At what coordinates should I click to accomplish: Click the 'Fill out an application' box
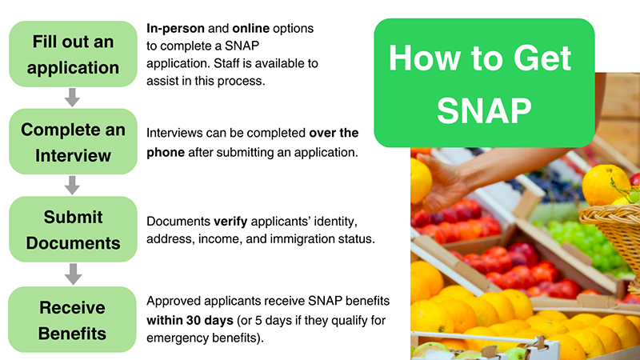[x=73, y=54]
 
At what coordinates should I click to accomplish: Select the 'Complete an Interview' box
[x=73, y=142]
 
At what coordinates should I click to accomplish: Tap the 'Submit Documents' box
[x=73, y=230]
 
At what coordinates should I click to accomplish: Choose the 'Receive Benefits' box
[x=72, y=319]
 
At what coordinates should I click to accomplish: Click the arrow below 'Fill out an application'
[x=73, y=98]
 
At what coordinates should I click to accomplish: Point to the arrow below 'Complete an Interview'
[x=73, y=186]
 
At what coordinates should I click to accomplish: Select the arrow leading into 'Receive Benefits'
[x=73, y=274]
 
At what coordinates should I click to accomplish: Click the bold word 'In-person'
[x=175, y=29]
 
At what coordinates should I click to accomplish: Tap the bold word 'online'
[x=250, y=29]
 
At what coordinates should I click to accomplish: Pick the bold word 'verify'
[x=230, y=222]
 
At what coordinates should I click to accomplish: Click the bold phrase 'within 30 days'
[x=190, y=321]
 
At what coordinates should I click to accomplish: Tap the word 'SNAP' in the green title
[x=484, y=110]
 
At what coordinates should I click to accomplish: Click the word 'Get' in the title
[x=542, y=58]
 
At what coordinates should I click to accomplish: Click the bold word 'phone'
[x=166, y=153]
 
